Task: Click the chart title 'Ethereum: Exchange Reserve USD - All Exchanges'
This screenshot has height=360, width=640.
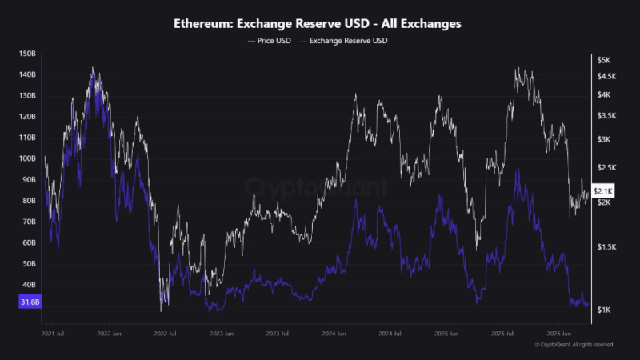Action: (319, 24)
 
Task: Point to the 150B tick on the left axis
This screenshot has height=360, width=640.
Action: (27, 54)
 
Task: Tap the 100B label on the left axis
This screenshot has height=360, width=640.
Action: (27, 158)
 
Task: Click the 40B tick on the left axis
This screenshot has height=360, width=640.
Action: (27, 284)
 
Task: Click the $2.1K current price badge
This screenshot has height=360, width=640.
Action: (602, 191)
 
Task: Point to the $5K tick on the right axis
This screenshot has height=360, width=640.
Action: (605, 60)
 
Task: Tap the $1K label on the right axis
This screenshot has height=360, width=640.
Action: (605, 310)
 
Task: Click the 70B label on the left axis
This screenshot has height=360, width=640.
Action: (27, 222)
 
